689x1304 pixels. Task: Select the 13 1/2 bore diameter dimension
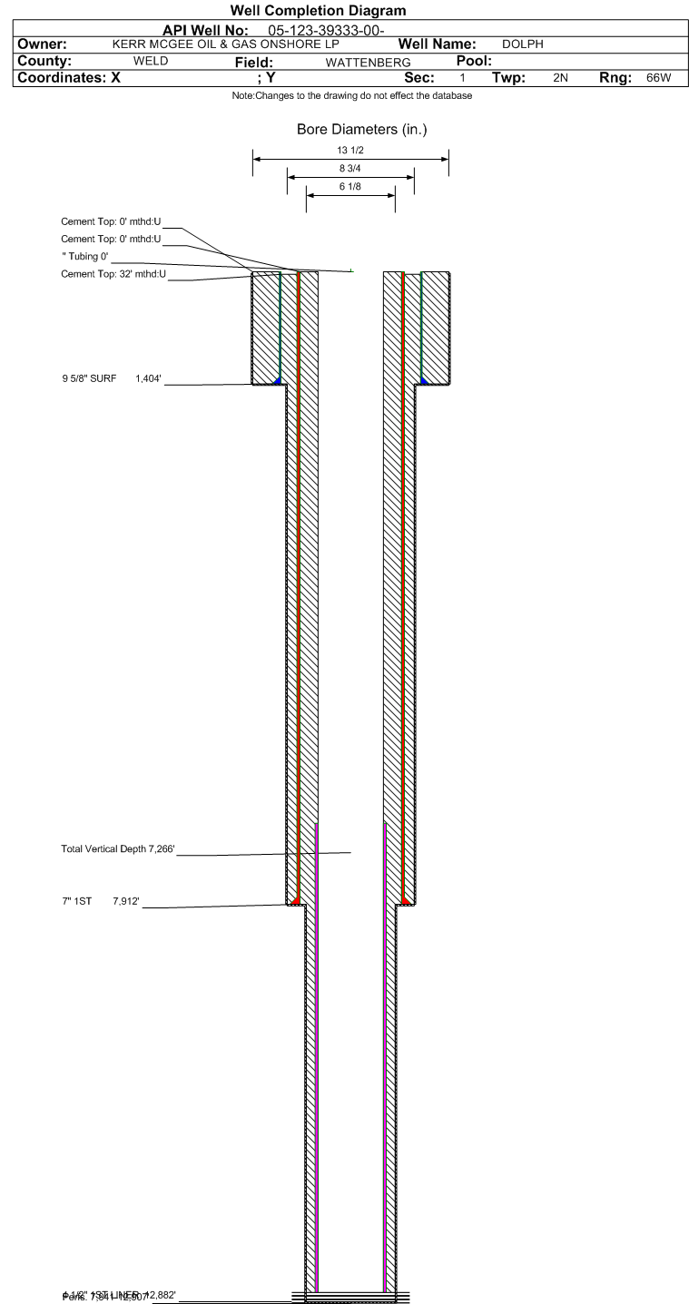click(349, 151)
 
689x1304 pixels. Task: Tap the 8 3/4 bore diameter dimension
click(349, 169)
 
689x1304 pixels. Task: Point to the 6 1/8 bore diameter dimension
click(349, 188)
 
